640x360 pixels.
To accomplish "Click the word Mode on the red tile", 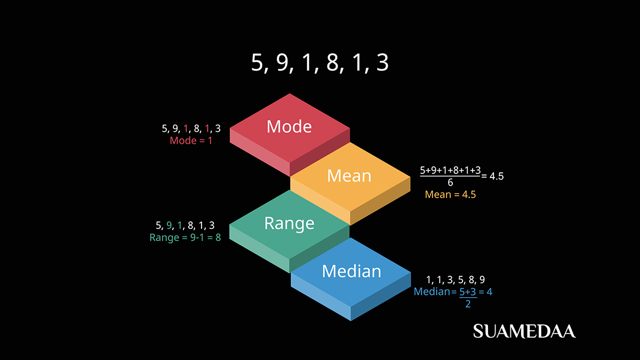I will [289, 126].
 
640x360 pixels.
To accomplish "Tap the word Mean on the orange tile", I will [349, 175].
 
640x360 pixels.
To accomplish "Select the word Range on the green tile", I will [289, 223].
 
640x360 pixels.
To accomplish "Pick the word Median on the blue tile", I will [351, 271].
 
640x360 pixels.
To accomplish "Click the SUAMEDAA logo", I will [524, 331].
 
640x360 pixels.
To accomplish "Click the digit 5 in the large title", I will [258, 63].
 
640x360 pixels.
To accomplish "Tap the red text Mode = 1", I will [191, 141].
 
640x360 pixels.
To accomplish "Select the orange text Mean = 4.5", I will [450, 195].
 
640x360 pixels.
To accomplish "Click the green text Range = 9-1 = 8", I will [185, 237].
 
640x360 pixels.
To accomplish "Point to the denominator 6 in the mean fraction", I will [450, 183].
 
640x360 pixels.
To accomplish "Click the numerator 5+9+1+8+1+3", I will [450, 171].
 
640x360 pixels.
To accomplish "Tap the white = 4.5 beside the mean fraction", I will [492, 176].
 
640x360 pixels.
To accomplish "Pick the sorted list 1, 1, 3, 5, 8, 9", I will [455, 279].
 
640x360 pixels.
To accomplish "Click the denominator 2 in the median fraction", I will [468, 303].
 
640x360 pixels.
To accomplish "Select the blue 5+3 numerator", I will [468, 292].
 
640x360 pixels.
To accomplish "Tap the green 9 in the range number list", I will [170, 225].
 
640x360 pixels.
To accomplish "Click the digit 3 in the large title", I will [382, 63].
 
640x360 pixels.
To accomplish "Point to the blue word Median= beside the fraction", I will [435, 292].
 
